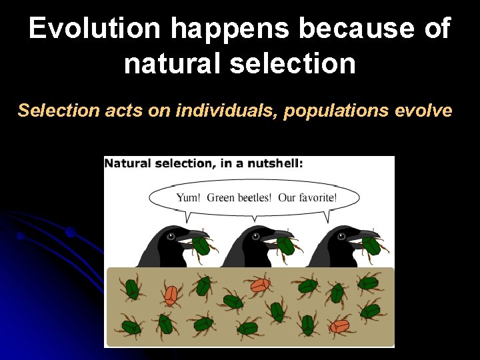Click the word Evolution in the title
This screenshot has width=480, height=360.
pyautogui.click(x=94, y=29)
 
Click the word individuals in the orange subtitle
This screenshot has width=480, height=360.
pyautogui.click(x=226, y=110)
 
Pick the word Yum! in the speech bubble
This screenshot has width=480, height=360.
pyautogui.click(x=189, y=197)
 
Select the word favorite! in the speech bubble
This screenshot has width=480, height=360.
pyautogui.click(x=317, y=197)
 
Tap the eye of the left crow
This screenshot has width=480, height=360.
pyautogui.click(x=171, y=236)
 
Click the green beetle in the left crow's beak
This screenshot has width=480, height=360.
pyautogui.click(x=203, y=246)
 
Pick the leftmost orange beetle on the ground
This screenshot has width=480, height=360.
pyautogui.click(x=171, y=294)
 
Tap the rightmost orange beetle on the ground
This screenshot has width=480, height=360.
pyautogui.click(x=339, y=325)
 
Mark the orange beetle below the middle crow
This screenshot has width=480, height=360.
pyautogui.click(x=259, y=285)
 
